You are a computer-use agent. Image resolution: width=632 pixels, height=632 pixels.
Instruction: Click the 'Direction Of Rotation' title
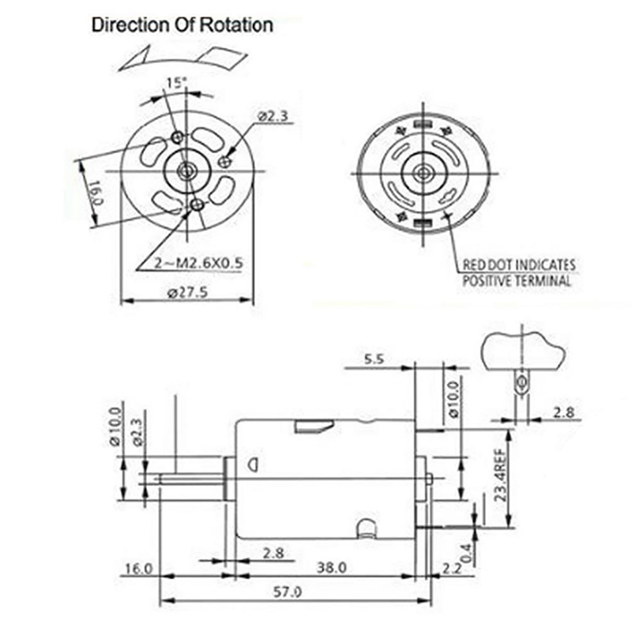click(x=182, y=25)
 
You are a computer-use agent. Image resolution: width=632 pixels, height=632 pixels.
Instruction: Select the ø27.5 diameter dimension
click(x=187, y=292)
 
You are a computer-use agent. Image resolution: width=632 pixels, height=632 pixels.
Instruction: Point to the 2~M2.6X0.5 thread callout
click(x=199, y=263)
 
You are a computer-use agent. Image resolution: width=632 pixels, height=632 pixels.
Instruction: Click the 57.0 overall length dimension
click(x=288, y=592)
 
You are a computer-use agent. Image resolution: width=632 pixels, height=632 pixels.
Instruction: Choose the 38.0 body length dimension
click(x=331, y=567)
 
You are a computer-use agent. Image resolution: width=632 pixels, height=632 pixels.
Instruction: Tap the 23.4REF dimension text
click(x=500, y=476)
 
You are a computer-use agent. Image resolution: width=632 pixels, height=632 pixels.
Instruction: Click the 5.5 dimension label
click(x=374, y=359)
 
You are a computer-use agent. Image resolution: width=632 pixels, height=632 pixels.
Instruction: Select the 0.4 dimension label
click(x=465, y=554)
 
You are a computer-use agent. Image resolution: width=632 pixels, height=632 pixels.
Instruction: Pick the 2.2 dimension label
click(x=451, y=568)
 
